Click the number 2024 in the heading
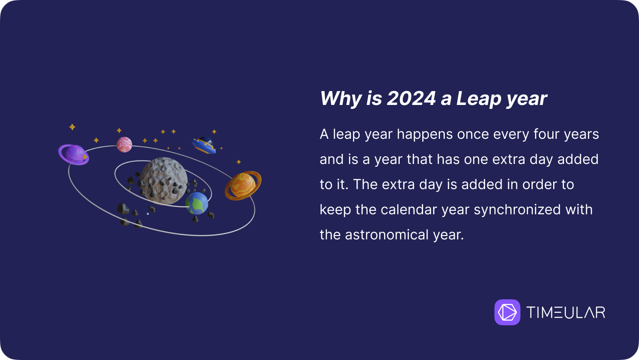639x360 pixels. click(411, 98)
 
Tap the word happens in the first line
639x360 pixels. click(425, 134)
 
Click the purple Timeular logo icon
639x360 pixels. click(507, 312)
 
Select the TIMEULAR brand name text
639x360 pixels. click(566, 312)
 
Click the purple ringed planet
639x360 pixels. click(74, 154)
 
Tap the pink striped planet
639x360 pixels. click(124, 144)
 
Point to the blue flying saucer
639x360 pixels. click(204, 145)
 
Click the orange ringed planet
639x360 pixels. click(243, 185)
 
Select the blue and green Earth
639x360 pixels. click(197, 203)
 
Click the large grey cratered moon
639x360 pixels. click(164, 181)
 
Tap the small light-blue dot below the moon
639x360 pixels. click(148, 213)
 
